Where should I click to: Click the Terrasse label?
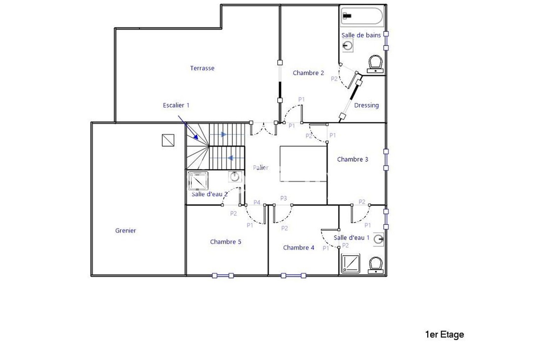coord(202,68)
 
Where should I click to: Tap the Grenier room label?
coord(125,230)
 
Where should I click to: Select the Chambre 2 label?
coord(308,73)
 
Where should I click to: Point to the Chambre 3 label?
coord(353,159)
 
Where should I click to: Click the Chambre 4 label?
coord(298,247)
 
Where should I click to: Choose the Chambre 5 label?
coord(225,241)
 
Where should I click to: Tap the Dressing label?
coord(366,105)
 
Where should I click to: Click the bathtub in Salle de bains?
coord(361,16)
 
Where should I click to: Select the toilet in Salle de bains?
coord(376,64)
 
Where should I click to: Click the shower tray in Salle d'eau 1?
coord(351,263)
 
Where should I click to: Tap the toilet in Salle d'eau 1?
coord(376,264)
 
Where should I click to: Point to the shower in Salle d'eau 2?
coord(198,180)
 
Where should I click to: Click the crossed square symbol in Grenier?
coord(168,141)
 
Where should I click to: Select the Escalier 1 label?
coord(176,105)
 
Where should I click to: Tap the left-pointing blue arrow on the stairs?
coord(230,158)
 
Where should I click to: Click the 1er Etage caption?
coord(444,335)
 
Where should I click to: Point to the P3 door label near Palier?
coord(284,198)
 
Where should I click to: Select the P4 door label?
coord(257,202)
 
